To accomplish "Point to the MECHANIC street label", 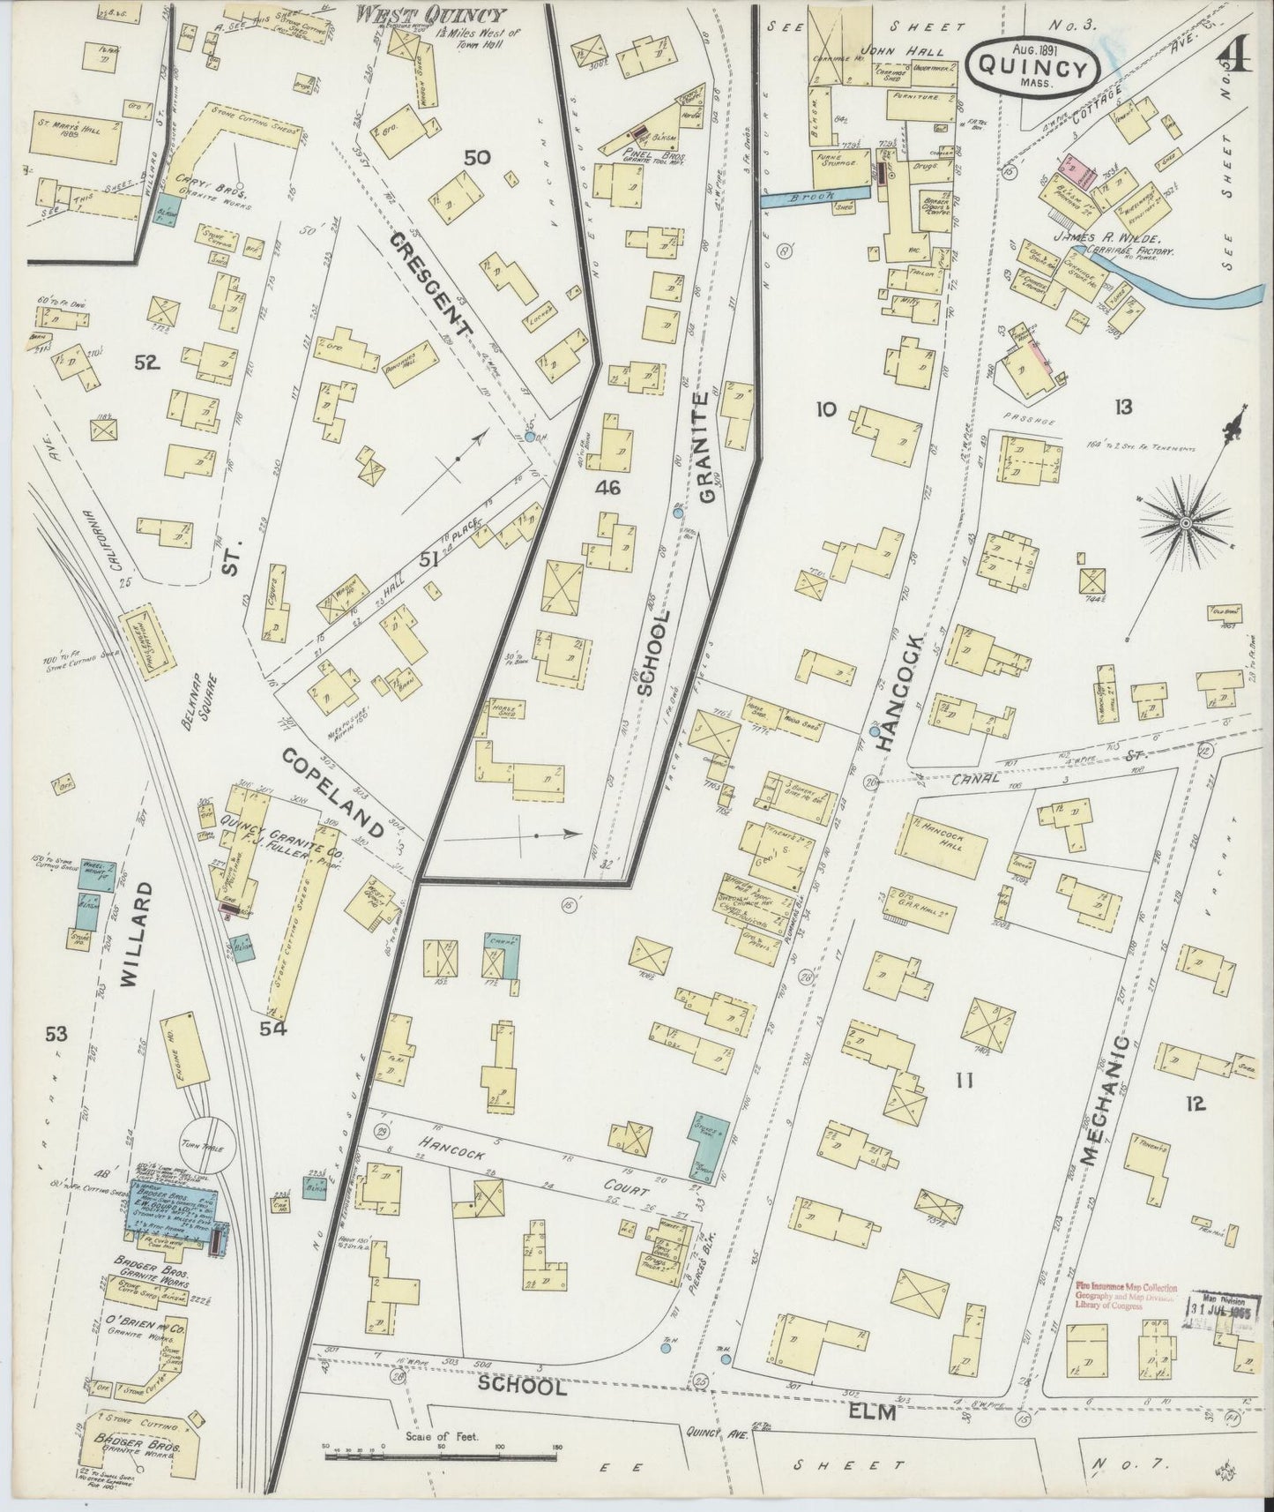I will click(1106, 1100).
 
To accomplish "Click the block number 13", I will click(1122, 407).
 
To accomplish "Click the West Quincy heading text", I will click(430, 15).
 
